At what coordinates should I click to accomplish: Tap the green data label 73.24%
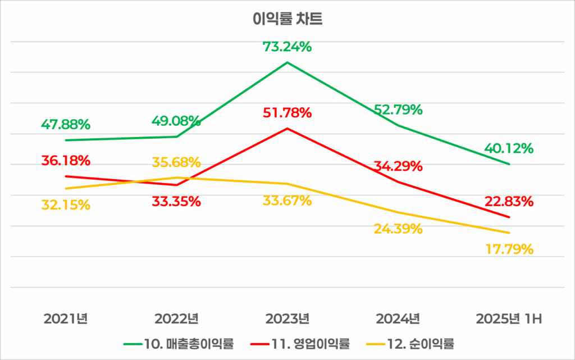click(x=287, y=47)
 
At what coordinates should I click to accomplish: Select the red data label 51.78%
click(x=287, y=113)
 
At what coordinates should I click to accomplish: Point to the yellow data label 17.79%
click(x=509, y=248)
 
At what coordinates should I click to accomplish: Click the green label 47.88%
click(x=66, y=124)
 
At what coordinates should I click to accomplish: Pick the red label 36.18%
click(x=66, y=161)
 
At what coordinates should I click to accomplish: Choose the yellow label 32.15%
click(x=66, y=205)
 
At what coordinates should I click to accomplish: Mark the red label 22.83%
click(x=509, y=202)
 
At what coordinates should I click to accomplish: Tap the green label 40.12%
click(x=509, y=149)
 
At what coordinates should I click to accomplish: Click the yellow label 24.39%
click(x=398, y=229)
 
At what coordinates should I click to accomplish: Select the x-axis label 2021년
click(x=66, y=320)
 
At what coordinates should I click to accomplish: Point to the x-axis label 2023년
click(x=287, y=320)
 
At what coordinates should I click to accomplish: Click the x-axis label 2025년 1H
click(x=508, y=320)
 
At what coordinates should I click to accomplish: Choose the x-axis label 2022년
click(x=176, y=320)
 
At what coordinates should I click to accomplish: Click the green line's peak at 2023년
click(x=287, y=62)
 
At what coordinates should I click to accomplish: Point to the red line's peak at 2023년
click(x=287, y=129)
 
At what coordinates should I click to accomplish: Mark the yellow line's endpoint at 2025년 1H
click(x=509, y=233)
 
